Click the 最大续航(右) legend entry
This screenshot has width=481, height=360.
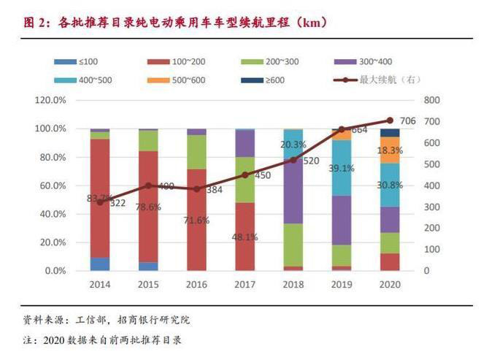pos(386,79)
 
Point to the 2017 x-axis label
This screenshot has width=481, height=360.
pos(245,283)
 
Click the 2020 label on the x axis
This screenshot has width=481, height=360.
pos(390,283)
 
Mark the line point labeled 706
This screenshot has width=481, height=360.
pos(389,120)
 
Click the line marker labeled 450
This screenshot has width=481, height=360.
pos(245,175)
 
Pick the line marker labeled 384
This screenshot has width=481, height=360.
pos(197,189)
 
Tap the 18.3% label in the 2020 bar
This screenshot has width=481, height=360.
pos(390,150)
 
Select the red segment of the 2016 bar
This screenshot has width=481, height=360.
pos(197,219)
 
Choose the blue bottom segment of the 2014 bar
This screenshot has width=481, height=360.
pos(100,264)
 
